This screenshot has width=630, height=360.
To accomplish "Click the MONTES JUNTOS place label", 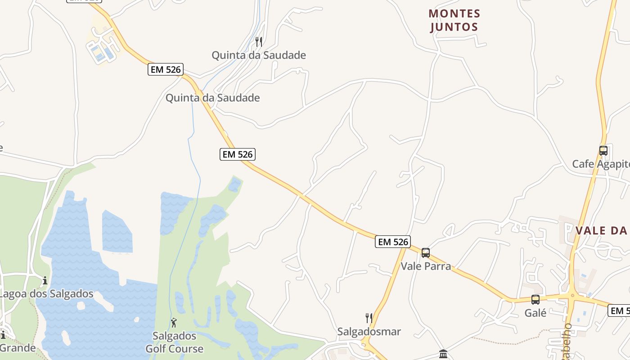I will tap(454, 20).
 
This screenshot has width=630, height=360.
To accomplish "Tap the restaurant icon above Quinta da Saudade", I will tap(259, 42).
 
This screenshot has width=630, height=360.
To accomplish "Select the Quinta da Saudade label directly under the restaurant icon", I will tap(259, 55).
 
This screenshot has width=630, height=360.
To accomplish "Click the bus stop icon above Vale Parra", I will tap(426, 253).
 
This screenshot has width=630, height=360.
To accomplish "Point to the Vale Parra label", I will tap(426, 266).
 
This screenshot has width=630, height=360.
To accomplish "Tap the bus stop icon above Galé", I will tap(535, 300).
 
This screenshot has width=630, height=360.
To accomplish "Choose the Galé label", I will tap(535, 313).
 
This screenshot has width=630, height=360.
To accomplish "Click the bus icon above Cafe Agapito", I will tap(603, 151).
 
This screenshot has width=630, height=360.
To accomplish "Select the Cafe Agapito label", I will tap(600, 164).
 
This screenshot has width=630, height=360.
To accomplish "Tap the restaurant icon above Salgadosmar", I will tap(369, 318).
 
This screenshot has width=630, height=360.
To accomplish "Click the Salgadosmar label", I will tap(369, 332).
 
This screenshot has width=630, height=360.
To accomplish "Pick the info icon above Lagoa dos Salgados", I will tap(45, 281).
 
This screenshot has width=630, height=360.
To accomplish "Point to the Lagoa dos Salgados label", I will tap(46, 294).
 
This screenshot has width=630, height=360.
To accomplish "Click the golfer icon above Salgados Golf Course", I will tap(174, 323).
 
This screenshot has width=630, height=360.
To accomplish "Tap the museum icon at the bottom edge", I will tap(443, 354).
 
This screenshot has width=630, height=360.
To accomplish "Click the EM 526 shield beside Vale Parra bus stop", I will tap(393, 242).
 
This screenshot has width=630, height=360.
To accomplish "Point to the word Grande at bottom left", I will tap(18, 348).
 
